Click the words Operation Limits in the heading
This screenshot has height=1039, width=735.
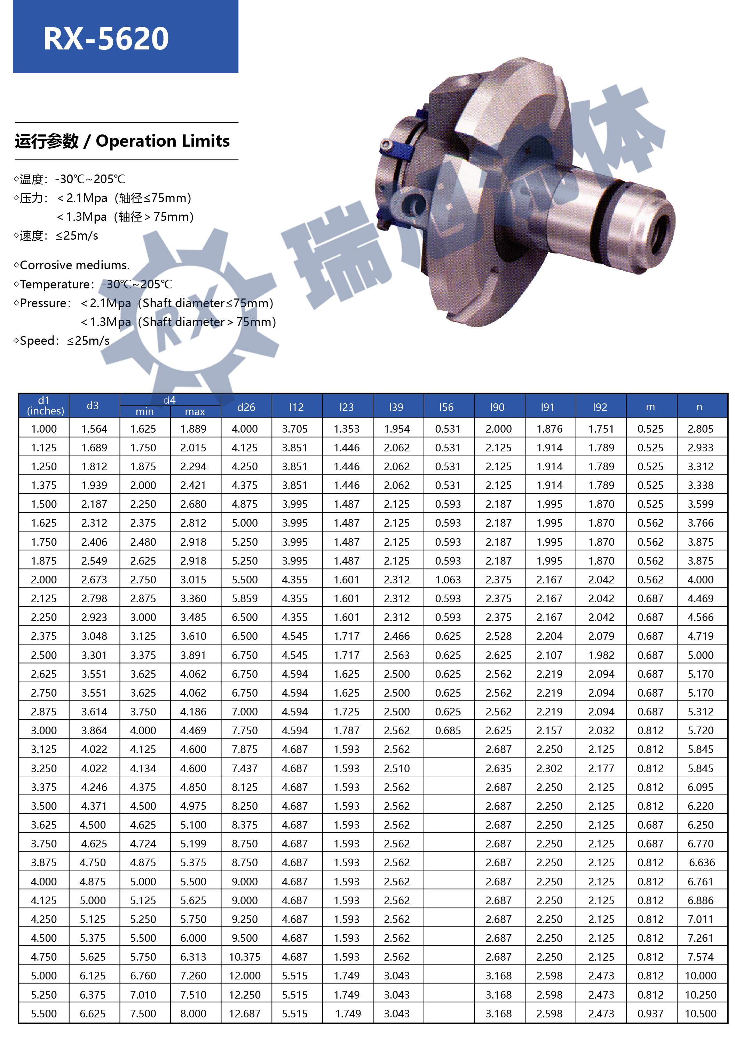coord(163,141)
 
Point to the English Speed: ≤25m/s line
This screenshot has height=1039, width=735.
coord(62,341)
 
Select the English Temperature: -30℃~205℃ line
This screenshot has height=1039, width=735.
coord(93,284)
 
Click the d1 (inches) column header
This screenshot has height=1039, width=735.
coord(44,405)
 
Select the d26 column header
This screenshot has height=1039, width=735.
coord(246,407)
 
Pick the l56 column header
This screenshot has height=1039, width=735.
coord(446,407)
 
